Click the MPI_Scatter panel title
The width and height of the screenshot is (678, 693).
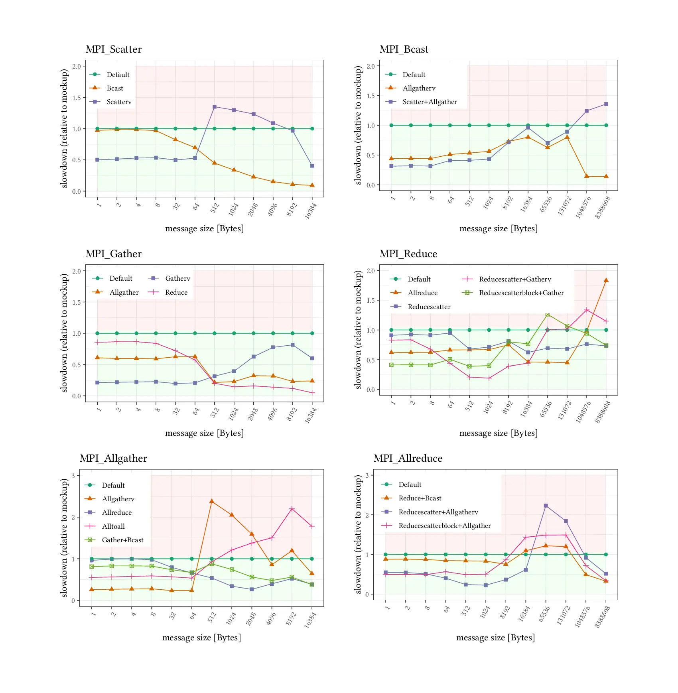tap(114, 49)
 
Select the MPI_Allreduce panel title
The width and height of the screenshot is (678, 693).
tap(408, 459)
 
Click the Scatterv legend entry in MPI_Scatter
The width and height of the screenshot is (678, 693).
tap(118, 102)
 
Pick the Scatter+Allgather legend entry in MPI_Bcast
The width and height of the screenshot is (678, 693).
tap(429, 102)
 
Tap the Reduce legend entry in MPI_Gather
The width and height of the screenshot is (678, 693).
tap(176, 293)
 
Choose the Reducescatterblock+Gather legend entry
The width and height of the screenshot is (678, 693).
tap(521, 293)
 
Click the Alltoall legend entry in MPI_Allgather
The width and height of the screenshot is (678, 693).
tap(113, 527)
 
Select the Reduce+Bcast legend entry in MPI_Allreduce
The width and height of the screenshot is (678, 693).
tap(420, 498)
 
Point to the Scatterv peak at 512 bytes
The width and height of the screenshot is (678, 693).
tap(215, 107)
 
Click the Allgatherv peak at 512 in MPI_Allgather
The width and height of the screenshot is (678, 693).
tap(212, 501)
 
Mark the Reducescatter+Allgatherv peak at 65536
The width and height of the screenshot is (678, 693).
tap(546, 506)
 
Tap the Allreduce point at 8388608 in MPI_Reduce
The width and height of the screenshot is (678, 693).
tap(606, 280)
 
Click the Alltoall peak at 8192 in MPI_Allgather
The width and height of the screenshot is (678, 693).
tap(292, 509)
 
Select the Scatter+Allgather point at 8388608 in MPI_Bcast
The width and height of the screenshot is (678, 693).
tap(606, 104)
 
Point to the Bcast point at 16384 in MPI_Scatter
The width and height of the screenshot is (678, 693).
tap(312, 185)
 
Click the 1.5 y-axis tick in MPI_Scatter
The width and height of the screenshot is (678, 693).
tap(77, 98)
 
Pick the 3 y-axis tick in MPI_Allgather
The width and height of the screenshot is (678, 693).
tap(73, 476)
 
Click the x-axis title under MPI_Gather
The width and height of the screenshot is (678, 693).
tap(204, 433)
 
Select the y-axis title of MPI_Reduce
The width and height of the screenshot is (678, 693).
tap(358, 329)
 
